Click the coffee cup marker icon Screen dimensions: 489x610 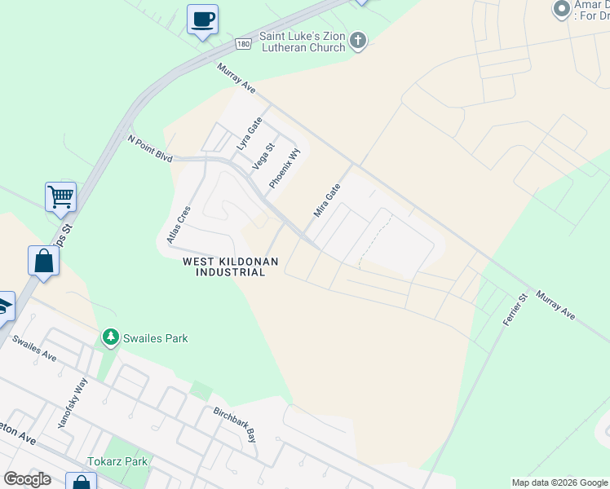(x=202, y=19)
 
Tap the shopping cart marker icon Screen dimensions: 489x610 (x=60, y=196)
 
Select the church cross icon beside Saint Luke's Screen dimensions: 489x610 (x=358, y=41)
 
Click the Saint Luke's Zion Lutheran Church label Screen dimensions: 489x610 (x=302, y=42)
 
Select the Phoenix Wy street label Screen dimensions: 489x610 (x=285, y=168)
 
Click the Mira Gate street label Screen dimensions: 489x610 (x=327, y=200)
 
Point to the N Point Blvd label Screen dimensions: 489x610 (x=150, y=148)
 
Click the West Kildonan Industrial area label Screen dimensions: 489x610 (x=231, y=267)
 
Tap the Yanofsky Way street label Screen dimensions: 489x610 (x=72, y=408)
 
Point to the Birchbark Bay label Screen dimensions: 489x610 (x=235, y=424)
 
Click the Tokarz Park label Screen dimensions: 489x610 (x=119, y=461)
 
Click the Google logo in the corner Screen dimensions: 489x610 (x=27, y=479)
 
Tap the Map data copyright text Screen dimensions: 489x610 (x=559, y=482)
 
